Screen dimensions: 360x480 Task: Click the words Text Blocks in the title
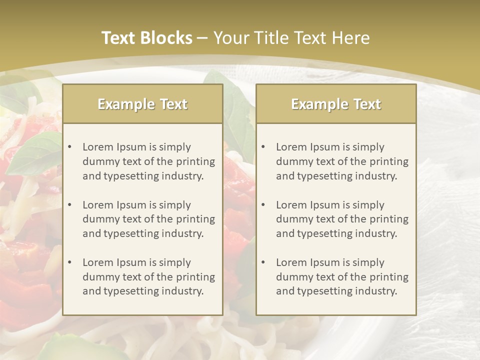146,38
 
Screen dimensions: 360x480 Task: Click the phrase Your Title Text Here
291,38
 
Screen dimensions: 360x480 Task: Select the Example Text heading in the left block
142,104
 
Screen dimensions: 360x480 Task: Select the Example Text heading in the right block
336,104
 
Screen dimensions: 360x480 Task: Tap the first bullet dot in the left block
69,147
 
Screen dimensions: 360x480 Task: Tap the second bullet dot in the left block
69,205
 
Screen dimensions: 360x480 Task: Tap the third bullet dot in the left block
69,262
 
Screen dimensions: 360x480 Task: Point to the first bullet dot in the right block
263,147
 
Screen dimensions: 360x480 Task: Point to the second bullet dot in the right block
263,205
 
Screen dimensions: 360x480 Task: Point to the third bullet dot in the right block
263,262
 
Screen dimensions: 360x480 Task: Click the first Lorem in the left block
97,147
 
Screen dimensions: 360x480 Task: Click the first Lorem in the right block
291,147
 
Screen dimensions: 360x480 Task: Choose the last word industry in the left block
183,291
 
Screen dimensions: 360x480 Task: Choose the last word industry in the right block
376,291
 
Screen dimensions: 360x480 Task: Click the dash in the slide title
202,38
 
